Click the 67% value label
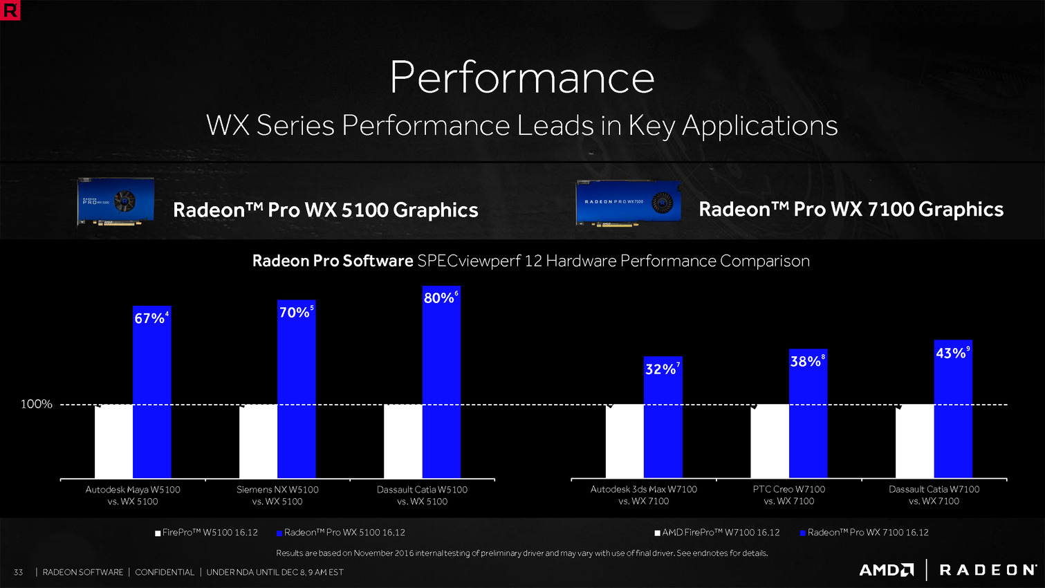point(149,318)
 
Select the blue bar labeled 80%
point(441,387)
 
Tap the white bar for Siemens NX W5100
point(258,441)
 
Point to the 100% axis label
point(36,404)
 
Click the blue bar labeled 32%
point(663,422)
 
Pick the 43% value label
point(951,353)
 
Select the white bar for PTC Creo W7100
point(769,441)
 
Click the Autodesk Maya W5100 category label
point(133,495)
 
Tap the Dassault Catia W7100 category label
point(934,495)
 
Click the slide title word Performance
point(522,77)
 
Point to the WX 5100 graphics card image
point(115,201)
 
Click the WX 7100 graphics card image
point(628,203)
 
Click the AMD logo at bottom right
point(886,570)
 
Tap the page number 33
point(18,572)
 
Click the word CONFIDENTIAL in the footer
point(165,572)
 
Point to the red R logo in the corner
point(10,10)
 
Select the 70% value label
point(294,313)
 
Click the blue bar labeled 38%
point(808,415)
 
